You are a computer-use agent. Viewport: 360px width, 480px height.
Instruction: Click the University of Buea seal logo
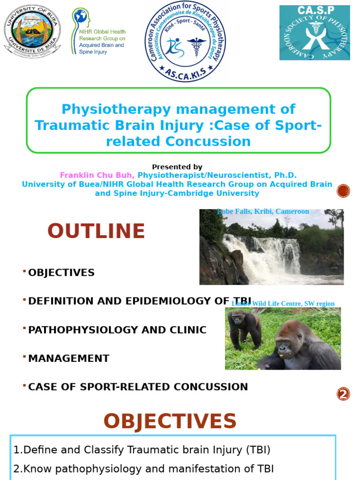click(32, 32)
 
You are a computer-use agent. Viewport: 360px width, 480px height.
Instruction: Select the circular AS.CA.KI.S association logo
click(185, 41)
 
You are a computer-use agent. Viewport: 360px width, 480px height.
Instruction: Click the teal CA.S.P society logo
click(315, 33)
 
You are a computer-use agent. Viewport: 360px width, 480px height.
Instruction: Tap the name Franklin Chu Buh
click(97, 175)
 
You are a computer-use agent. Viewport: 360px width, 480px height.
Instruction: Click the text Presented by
click(177, 167)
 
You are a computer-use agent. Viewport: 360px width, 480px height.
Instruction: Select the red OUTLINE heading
click(96, 232)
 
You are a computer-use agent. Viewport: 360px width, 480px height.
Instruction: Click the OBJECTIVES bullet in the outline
click(61, 273)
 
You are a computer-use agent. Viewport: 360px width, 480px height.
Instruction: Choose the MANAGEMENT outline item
click(68, 359)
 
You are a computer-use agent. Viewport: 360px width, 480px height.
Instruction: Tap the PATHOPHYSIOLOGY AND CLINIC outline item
click(117, 330)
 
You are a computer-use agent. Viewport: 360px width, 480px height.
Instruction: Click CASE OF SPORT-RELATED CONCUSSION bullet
click(138, 387)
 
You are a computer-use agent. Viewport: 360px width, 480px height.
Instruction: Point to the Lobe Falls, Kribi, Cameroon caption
click(263, 211)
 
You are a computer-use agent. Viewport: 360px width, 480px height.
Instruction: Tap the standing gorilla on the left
click(244, 327)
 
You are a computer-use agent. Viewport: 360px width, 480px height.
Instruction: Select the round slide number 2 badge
click(343, 394)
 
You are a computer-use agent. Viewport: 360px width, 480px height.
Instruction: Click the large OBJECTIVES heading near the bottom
click(170, 421)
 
